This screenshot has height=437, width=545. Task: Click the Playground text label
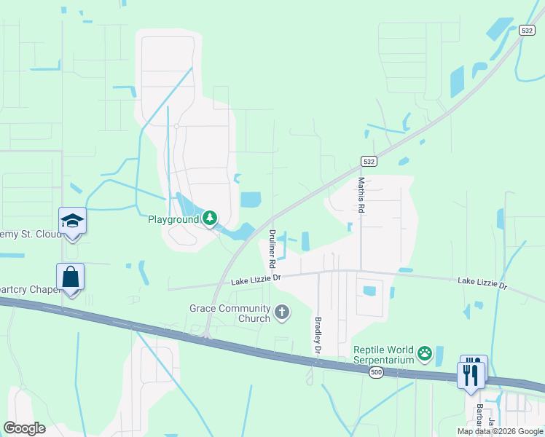(173, 219)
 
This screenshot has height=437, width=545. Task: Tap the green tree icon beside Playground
(210, 218)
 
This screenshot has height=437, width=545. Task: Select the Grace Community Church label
(230, 313)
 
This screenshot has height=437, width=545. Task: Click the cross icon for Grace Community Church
(281, 313)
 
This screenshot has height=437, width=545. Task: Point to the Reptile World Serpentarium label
(383, 355)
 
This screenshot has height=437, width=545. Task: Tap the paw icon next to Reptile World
(425, 355)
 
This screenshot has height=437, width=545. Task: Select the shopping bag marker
(71, 277)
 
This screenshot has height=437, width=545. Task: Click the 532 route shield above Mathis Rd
(369, 161)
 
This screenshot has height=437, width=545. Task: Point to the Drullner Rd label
(272, 248)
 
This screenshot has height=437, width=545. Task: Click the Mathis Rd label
(361, 194)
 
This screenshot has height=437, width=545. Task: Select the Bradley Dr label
(318, 335)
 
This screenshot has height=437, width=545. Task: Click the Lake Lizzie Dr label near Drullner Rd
(256, 280)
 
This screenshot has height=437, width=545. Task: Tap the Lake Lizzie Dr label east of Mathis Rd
(482, 283)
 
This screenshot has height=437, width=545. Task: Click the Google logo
(25, 428)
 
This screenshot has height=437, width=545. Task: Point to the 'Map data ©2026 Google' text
(499, 431)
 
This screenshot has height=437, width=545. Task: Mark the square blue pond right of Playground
(250, 199)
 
